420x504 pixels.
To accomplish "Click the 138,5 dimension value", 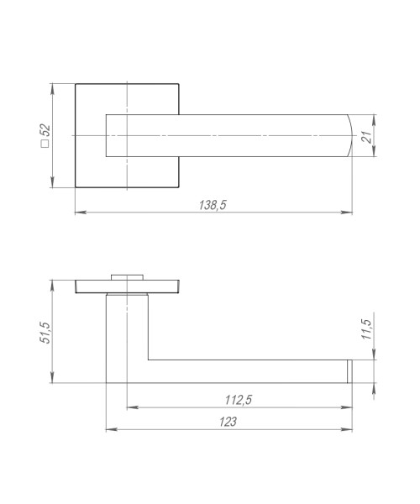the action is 213,205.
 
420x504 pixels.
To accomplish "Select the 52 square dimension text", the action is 45,135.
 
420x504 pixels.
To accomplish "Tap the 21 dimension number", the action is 366,137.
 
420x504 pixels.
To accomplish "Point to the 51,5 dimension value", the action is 45,333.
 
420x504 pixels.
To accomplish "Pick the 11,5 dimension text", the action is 366,328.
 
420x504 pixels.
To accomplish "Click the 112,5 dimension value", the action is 239,400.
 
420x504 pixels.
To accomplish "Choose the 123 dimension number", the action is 228,422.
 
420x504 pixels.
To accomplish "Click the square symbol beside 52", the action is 45,144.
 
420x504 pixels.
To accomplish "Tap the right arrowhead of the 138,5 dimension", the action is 346,213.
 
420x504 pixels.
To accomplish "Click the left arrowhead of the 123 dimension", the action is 112,429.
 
